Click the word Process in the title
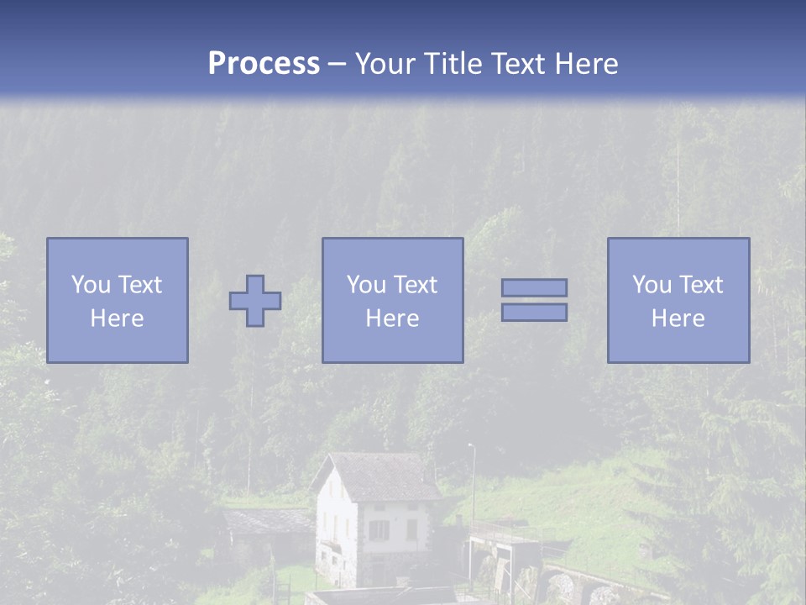tap(264, 63)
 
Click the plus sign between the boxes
tap(255, 300)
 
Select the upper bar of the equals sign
tap(534, 287)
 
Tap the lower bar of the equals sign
tap(534, 312)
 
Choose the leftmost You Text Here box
tap(117, 300)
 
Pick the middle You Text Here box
tap(392, 300)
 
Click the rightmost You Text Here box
tap(678, 300)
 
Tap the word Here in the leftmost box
tap(117, 318)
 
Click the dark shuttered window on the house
tap(379, 530)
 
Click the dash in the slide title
tap(337, 64)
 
